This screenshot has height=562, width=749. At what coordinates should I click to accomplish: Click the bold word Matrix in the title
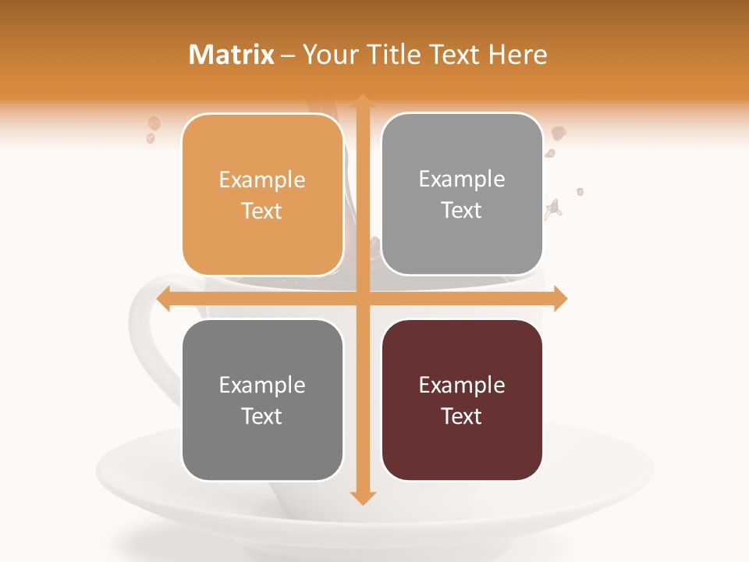point(232,55)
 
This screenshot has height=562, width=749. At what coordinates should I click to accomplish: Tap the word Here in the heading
point(517,55)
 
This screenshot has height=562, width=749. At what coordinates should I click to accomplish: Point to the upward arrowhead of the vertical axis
point(362,101)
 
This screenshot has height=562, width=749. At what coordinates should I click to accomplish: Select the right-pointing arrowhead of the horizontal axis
point(559,298)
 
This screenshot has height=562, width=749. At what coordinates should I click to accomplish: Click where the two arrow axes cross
point(362,298)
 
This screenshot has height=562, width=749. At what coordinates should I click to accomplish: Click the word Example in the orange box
point(262,180)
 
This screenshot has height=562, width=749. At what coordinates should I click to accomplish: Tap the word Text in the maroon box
point(462,416)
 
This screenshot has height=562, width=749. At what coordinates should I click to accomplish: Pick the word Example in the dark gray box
point(262,386)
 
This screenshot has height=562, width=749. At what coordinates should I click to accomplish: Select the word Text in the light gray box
point(462,210)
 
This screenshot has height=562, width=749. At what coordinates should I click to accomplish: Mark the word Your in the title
point(328,55)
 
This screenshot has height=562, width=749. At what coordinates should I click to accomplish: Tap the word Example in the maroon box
point(462,386)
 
